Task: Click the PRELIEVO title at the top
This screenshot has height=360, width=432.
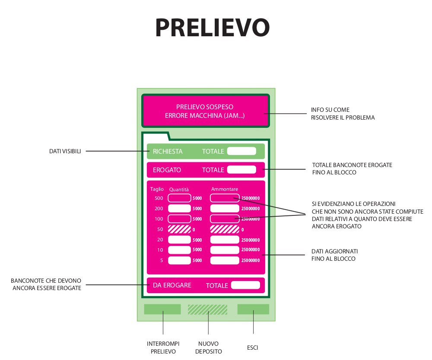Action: coord(213,28)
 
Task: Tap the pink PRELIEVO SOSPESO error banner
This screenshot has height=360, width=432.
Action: coord(205,111)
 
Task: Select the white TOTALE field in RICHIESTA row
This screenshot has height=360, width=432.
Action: coord(242,151)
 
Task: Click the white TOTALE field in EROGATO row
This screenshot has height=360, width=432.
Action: coord(242,170)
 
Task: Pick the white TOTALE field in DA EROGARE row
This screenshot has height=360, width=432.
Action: coord(245,285)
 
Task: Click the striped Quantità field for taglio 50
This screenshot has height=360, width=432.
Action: coord(179,229)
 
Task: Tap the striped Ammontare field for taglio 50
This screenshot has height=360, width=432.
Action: coord(225,229)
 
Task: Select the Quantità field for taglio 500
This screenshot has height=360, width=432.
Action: coord(179,198)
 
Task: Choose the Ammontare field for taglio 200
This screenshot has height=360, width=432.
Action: coord(225,208)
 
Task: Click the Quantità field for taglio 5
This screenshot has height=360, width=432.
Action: coord(179,260)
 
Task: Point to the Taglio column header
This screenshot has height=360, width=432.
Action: coord(157,189)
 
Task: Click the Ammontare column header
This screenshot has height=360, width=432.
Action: coord(225,189)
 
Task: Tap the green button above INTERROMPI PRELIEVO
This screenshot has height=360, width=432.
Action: coord(162,309)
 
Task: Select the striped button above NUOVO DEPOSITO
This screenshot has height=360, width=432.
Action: coord(207,309)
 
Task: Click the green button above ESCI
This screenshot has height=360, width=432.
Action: coord(253,309)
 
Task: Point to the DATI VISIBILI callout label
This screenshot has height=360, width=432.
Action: coord(65,151)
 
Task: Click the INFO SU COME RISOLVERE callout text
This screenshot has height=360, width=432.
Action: coord(343,114)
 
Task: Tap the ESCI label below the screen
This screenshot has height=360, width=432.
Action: coord(253,347)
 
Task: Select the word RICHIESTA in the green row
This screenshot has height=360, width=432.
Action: coord(168,152)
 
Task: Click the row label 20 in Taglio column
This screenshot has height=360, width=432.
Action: coord(160,240)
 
